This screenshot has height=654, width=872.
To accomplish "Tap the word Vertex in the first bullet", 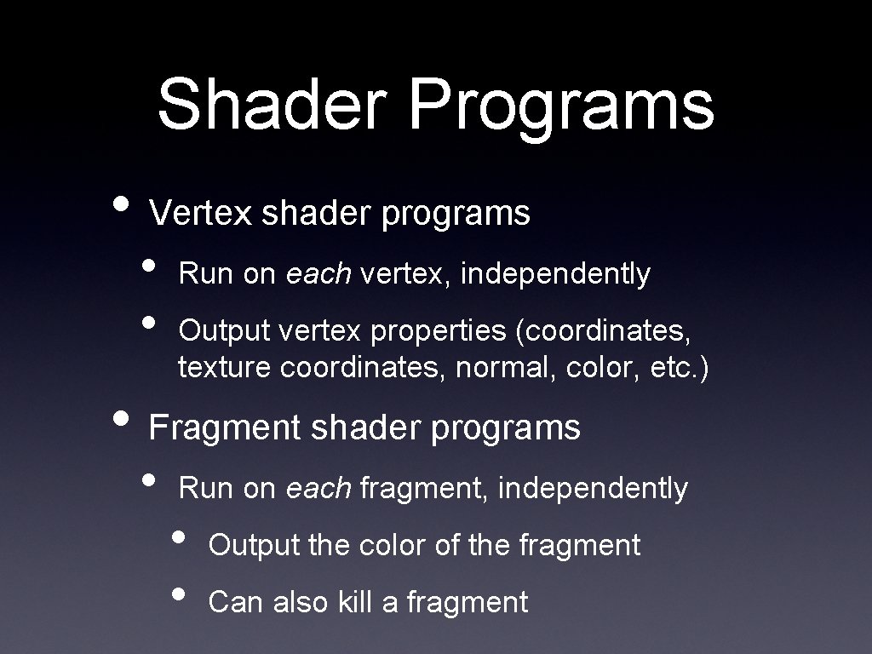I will tap(201, 214).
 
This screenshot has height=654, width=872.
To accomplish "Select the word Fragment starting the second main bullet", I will tap(225, 427).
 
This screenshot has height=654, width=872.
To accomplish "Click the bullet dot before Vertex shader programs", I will tap(123, 203).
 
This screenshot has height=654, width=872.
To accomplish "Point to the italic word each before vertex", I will tap(318, 274).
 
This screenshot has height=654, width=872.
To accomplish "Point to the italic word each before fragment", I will tap(318, 489).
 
